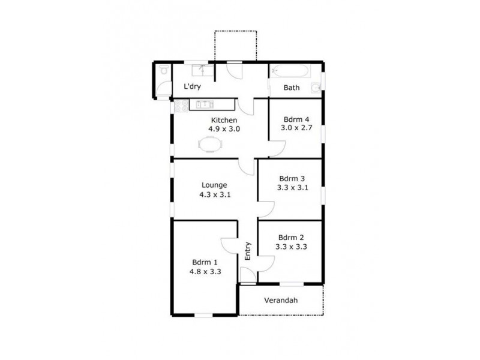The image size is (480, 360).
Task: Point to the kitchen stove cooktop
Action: (x=182, y=106)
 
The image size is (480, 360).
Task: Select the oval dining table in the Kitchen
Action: (x=210, y=144)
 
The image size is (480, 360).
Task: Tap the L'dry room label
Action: (x=192, y=87)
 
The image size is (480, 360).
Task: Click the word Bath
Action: (x=292, y=88)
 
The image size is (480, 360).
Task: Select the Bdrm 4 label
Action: (x=294, y=118)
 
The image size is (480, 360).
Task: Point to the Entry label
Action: (x=247, y=250)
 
